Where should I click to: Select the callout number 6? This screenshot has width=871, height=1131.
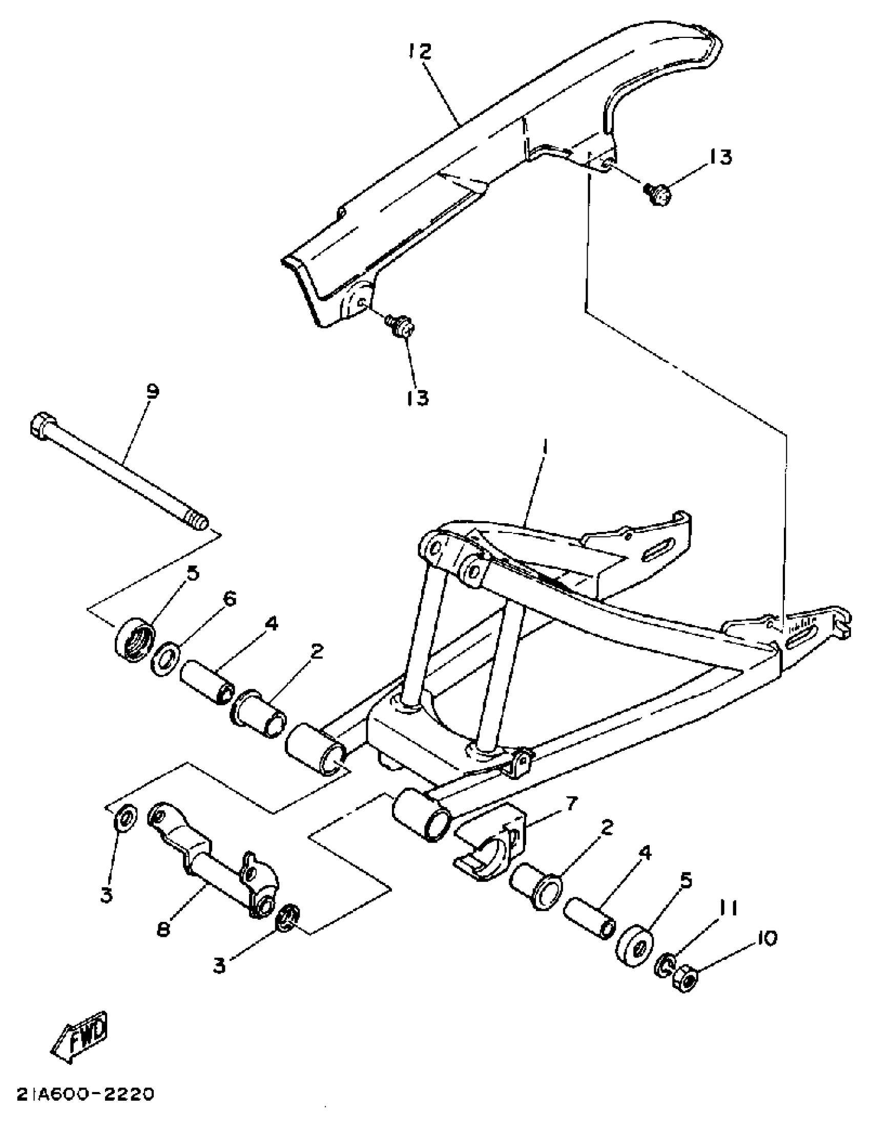tap(229, 599)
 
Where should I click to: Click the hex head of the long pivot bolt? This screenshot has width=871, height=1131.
tap(41, 427)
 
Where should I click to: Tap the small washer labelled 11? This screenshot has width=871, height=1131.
tap(665, 965)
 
